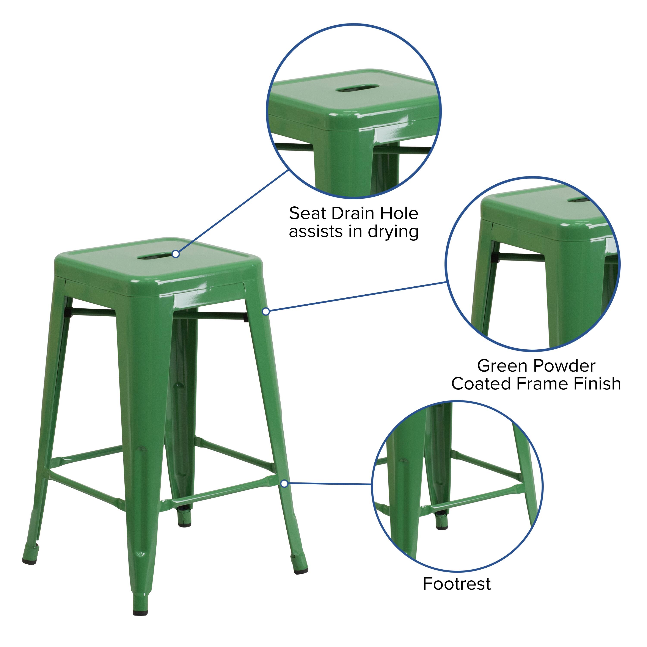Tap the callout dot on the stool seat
tap(176, 254)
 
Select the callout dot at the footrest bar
tap(284, 484)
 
